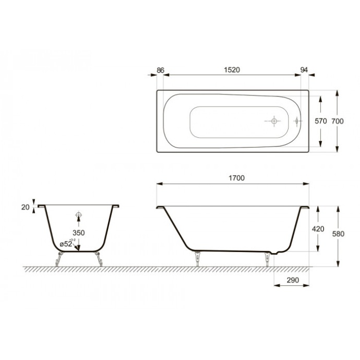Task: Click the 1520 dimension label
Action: coord(232,69)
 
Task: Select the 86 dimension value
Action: coord(160,69)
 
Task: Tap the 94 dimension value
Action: coord(305,69)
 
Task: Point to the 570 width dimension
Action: coord(320,121)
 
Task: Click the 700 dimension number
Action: coord(338,121)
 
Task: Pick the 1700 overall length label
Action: coord(236,178)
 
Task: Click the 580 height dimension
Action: coord(338,234)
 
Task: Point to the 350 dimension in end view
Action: coord(79,232)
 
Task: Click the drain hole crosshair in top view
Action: coord(273,121)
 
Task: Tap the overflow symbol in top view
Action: coord(296,121)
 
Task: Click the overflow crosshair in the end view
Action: coord(79,215)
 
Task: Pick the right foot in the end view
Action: coord(98,259)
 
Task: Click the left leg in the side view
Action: coord(197,258)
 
